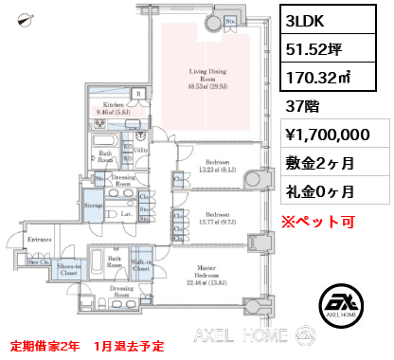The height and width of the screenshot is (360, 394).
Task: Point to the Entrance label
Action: tap(39, 241)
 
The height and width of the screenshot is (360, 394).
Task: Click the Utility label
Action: tap(141, 151)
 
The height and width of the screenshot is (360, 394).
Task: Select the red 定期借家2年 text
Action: tap(44, 344)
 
